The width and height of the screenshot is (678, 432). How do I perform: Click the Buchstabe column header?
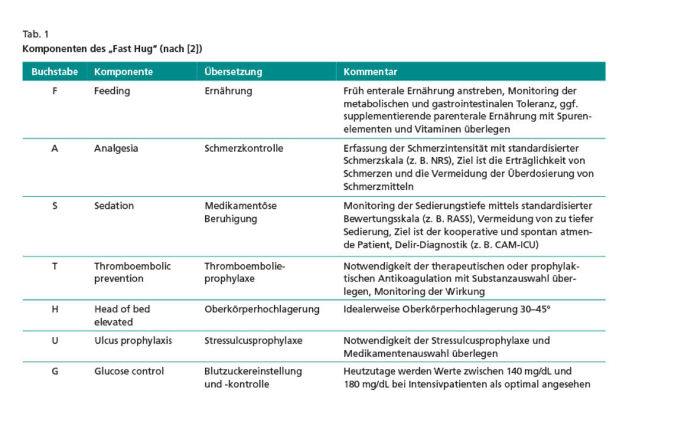(55, 72)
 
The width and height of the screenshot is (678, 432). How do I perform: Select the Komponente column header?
(123, 72)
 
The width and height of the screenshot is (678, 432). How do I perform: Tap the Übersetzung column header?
(233, 72)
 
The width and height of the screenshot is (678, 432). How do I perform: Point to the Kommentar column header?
(370, 72)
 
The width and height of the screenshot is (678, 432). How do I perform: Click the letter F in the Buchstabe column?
(55, 91)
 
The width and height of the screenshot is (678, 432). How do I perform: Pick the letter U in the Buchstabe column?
(55, 341)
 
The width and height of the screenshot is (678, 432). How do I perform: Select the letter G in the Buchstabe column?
(55, 371)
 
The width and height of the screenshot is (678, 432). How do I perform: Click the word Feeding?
(112, 91)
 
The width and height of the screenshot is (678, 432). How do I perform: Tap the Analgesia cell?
(116, 148)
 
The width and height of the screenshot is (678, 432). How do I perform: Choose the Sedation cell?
(114, 206)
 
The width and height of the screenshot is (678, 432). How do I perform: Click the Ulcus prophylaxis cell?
(133, 341)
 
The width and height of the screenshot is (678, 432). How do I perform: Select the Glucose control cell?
(129, 371)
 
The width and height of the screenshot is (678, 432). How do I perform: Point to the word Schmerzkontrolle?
(244, 148)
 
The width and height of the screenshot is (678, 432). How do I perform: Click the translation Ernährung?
(228, 91)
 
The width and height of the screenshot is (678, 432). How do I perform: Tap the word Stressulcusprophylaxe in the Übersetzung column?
(253, 341)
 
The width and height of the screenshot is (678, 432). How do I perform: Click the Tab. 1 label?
(36, 34)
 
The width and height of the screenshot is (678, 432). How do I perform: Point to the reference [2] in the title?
(196, 49)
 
